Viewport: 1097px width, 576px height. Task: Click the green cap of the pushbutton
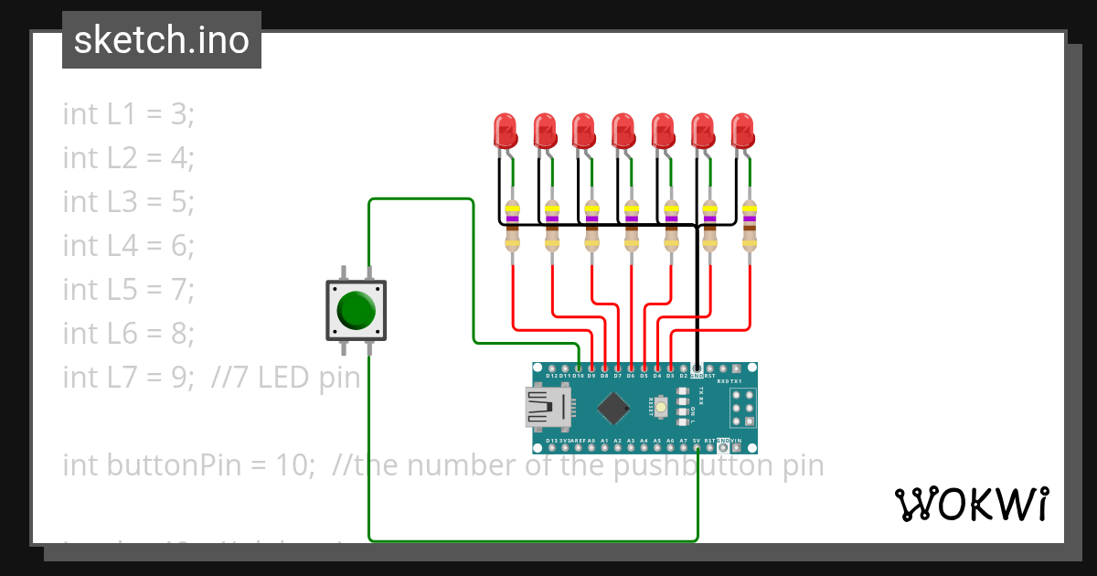point(356,310)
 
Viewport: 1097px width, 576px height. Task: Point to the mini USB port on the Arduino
point(546,408)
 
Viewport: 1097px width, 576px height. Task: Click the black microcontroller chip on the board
point(618,408)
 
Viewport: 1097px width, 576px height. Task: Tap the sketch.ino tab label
point(162,40)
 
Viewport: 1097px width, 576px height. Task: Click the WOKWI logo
point(971,504)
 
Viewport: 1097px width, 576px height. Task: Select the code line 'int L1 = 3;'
point(129,114)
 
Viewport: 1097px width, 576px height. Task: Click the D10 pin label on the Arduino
point(578,376)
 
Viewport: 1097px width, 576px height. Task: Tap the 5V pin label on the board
point(697,441)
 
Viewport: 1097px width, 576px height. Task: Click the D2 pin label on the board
point(684,376)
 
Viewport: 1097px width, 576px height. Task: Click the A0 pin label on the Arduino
point(591,441)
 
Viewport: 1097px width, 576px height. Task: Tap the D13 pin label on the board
point(551,441)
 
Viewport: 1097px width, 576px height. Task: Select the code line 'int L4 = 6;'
point(129,245)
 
